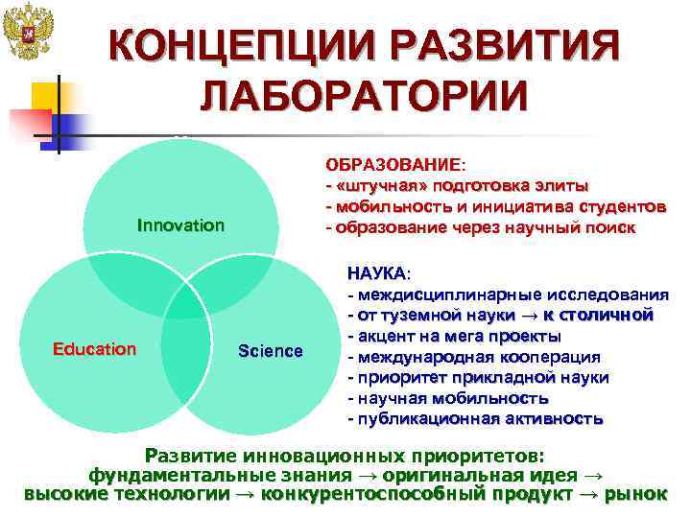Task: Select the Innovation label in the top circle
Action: click(x=180, y=225)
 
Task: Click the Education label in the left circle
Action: click(x=94, y=349)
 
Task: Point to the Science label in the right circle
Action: click(x=270, y=351)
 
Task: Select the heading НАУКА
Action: click(x=376, y=274)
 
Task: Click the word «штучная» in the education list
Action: click(x=375, y=185)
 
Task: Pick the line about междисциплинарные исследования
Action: click(x=508, y=294)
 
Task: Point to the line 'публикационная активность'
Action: click(x=475, y=419)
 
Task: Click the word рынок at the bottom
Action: click(x=636, y=494)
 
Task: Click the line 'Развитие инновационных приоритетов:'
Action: click(x=345, y=454)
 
